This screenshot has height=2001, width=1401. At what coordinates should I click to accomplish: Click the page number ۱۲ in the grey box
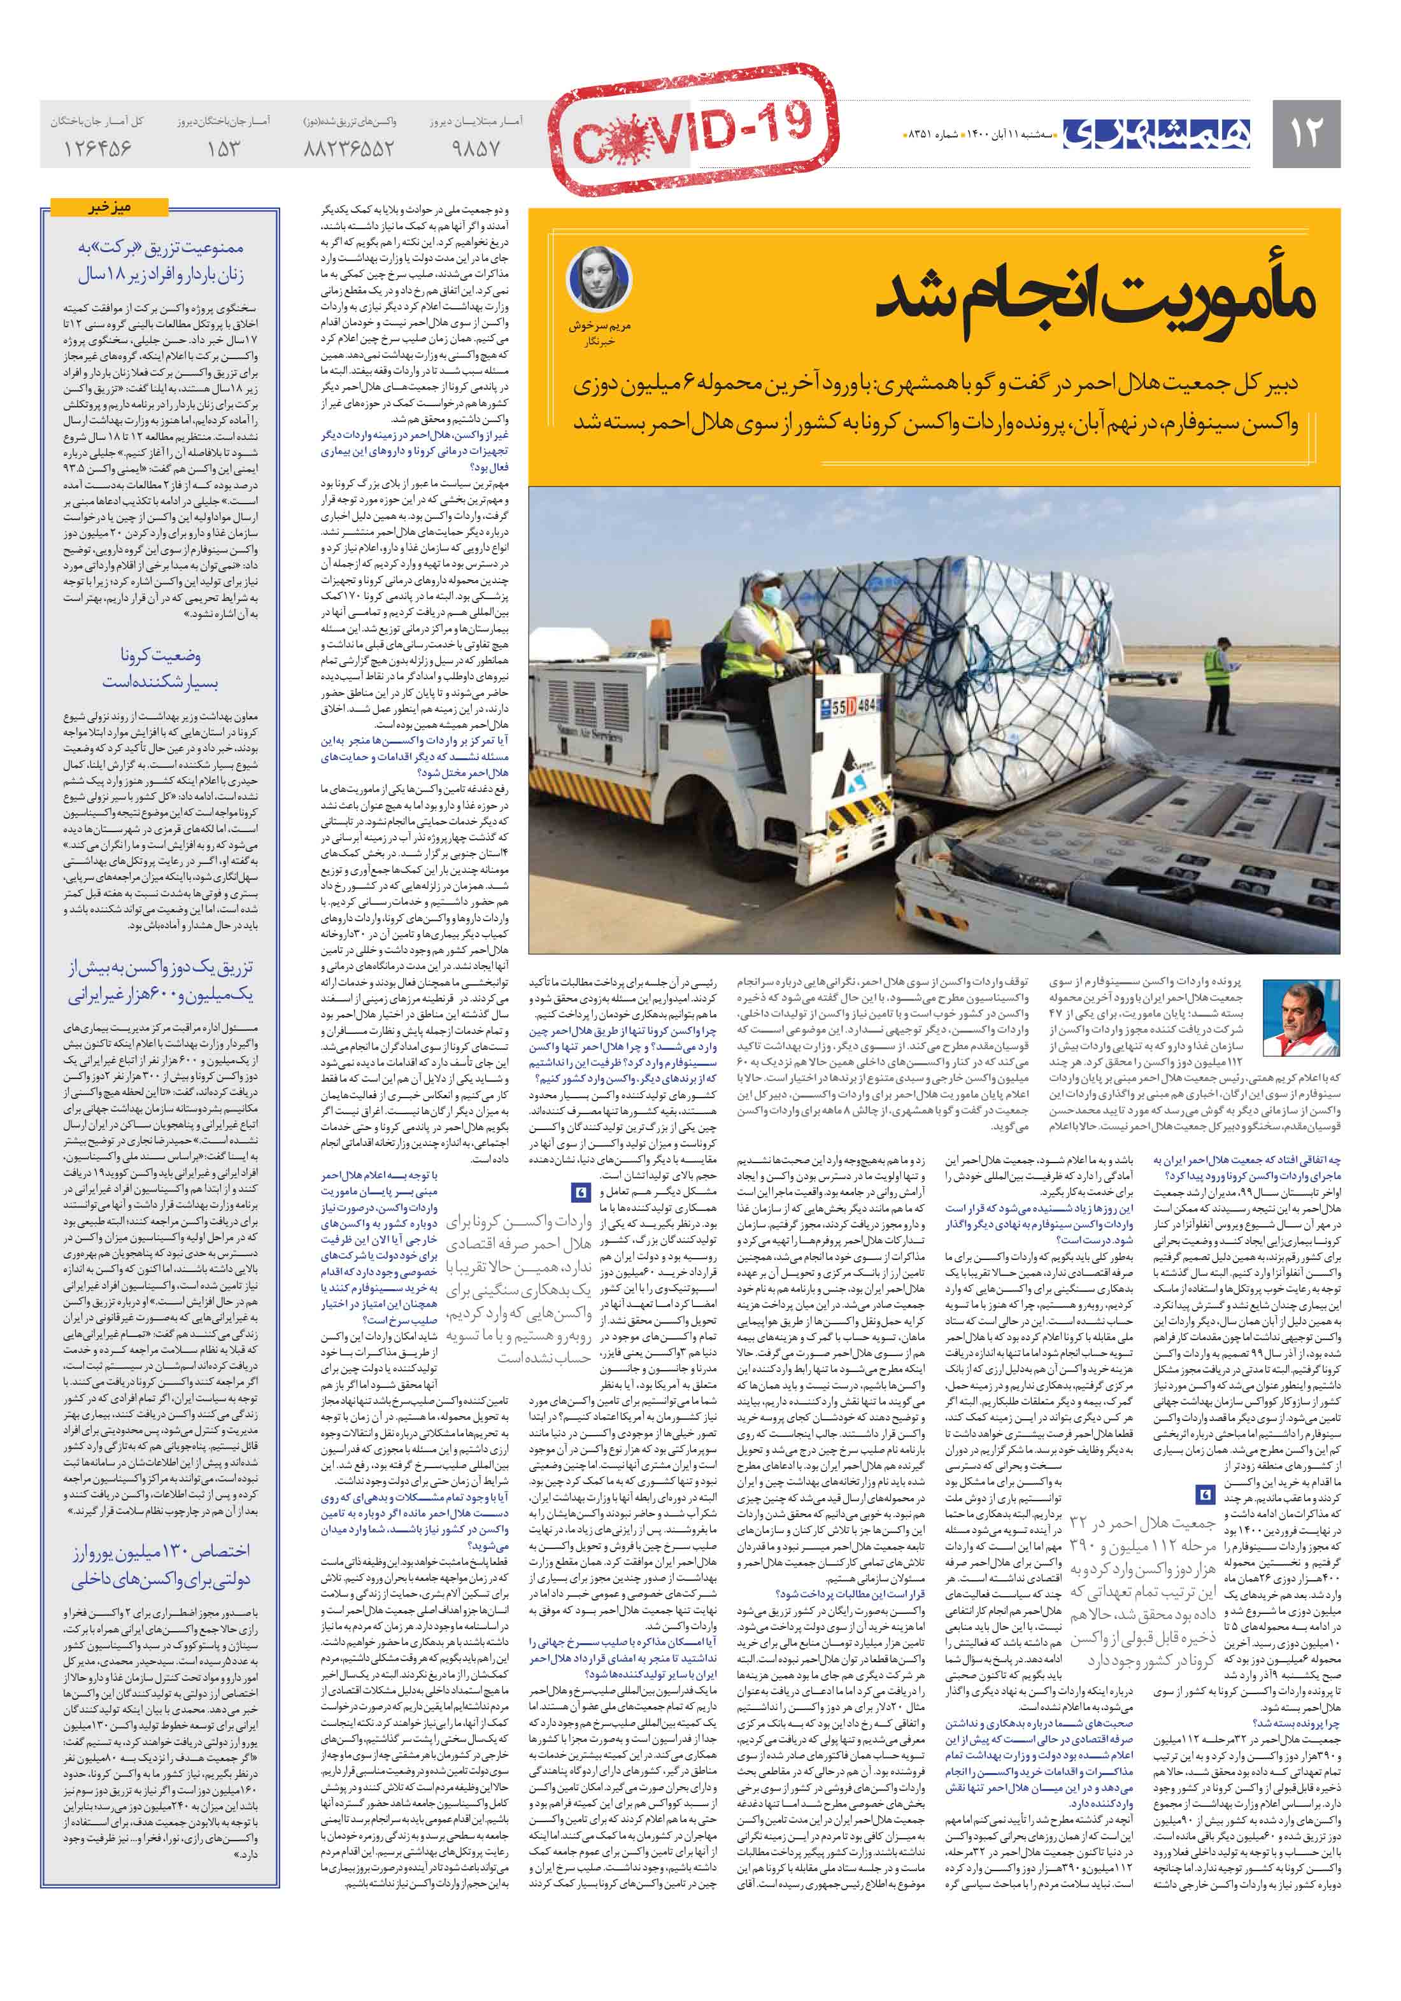click(x=1305, y=132)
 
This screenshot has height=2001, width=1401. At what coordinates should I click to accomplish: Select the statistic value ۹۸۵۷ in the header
click(x=476, y=148)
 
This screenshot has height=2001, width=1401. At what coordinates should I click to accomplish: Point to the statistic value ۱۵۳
click(x=223, y=148)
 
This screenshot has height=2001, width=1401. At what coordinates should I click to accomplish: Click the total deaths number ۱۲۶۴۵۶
click(x=97, y=148)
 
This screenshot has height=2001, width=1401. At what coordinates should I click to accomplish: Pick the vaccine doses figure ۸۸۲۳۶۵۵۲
click(x=349, y=148)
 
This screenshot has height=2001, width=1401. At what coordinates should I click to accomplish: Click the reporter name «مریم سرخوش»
click(x=599, y=327)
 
